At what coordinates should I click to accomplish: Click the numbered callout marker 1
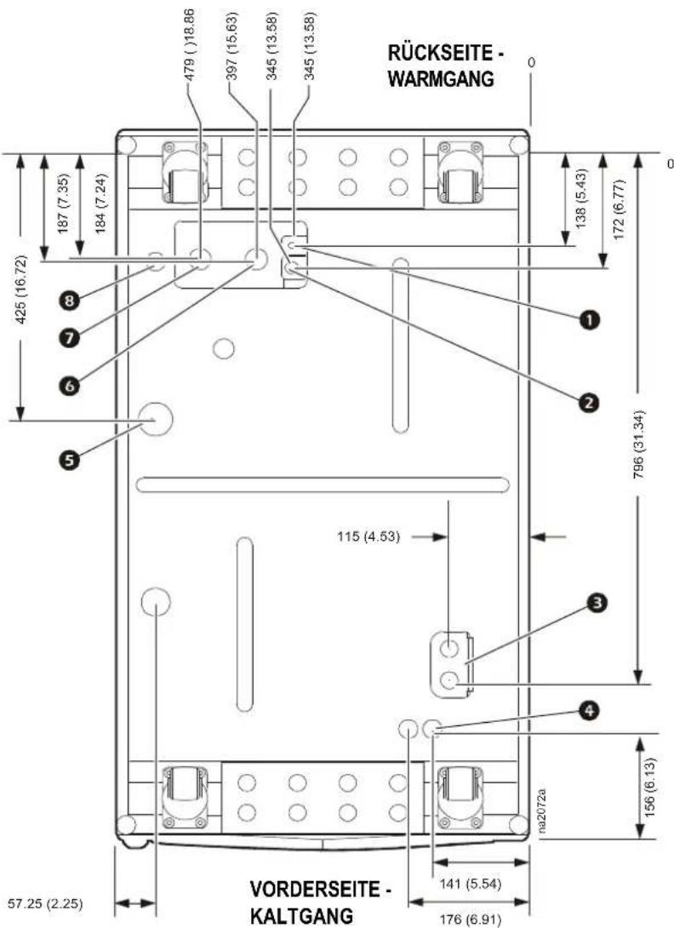(590, 320)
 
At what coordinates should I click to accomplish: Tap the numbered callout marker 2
(590, 403)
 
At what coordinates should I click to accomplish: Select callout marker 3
(597, 603)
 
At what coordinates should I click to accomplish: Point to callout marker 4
(590, 710)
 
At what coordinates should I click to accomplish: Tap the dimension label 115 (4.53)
(368, 537)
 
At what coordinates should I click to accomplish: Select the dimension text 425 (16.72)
(21, 289)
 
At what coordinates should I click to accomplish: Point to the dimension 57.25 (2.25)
(46, 903)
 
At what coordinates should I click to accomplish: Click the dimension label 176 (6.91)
(471, 919)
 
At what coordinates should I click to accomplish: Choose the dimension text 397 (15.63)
(232, 46)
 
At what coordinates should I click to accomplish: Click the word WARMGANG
(441, 78)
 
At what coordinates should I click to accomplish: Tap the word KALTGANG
(302, 916)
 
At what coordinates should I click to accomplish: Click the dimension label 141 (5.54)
(471, 884)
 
